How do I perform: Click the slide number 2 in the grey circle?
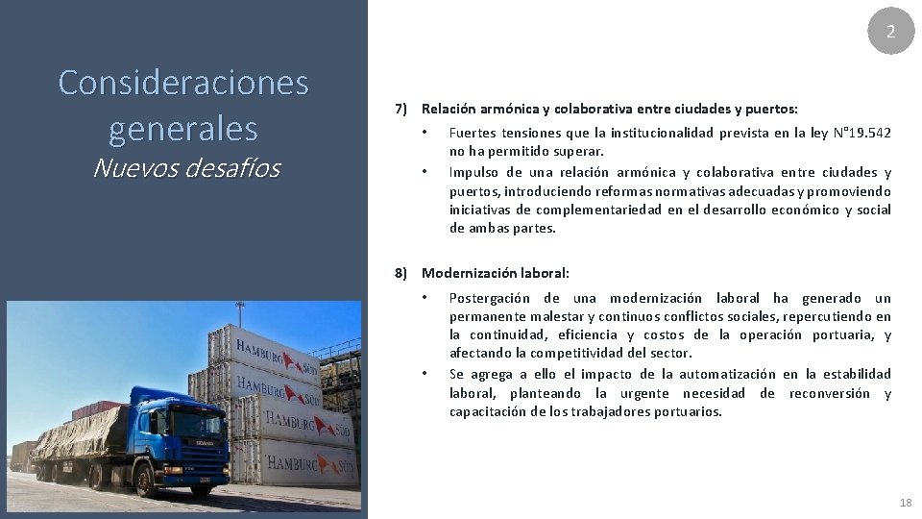tap(890, 32)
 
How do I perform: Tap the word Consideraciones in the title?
tap(183, 83)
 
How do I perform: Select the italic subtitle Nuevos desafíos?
tap(186, 169)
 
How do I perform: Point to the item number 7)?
tap(402, 110)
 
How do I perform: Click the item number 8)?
tap(402, 273)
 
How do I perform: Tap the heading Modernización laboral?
tap(496, 273)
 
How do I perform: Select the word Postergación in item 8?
tap(488, 298)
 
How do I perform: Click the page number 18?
tap(905, 503)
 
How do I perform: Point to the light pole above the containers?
tap(240, 312)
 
